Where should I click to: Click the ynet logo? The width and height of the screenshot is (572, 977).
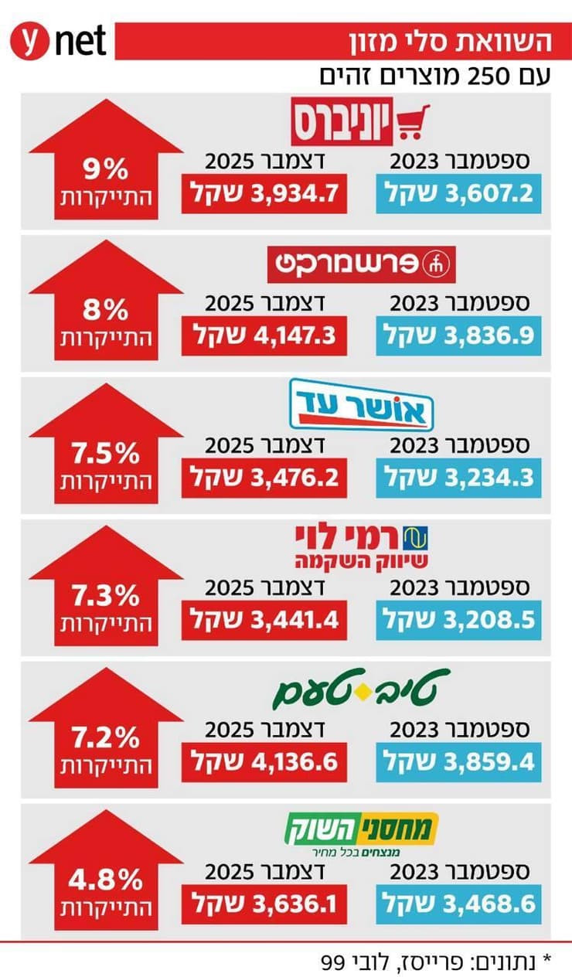tap(57, 39)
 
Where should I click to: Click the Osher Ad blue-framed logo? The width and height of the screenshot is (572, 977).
tap(362, 403)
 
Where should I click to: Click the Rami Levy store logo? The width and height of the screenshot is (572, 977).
tap(362, 546)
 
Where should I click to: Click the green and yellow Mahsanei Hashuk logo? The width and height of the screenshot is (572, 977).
tap(362, 833)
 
